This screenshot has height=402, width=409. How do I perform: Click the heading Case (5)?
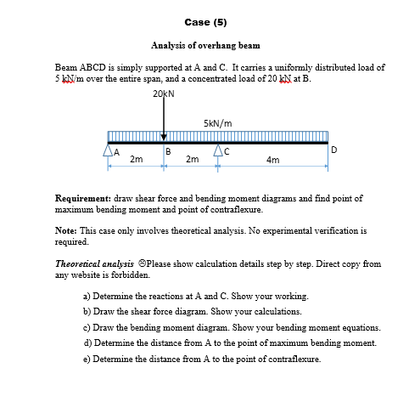(204, 21)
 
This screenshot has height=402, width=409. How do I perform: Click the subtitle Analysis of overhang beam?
(204, 44)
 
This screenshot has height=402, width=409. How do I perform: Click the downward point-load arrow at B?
(164, 119)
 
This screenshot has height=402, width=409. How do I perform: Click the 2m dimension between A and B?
(136, 160)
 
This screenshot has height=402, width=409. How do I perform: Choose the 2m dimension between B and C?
(192, 160)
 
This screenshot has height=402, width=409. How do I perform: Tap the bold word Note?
(65, 229)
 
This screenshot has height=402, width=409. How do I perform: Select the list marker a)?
(87, 297)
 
